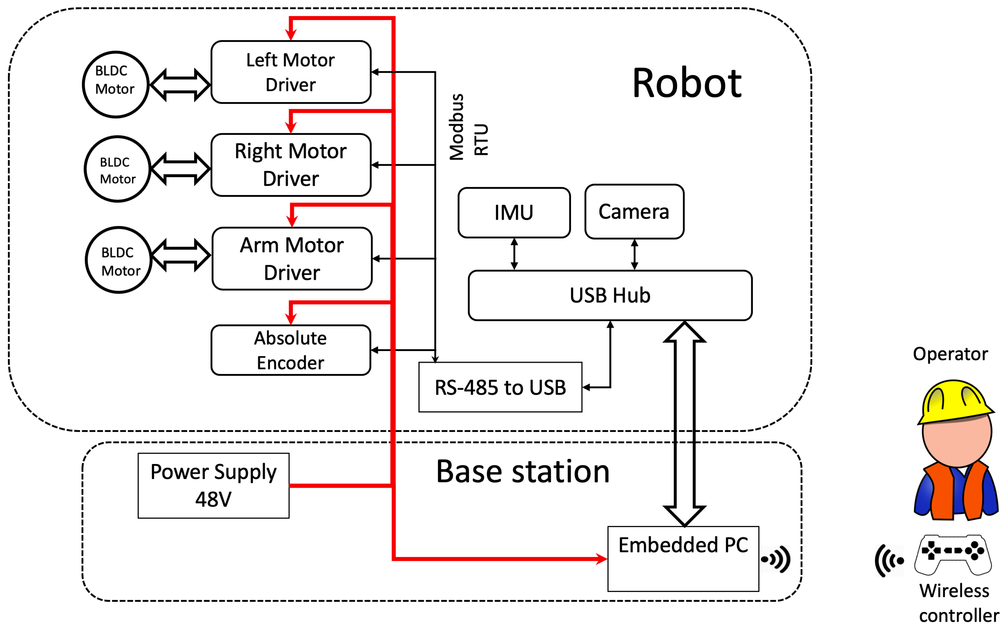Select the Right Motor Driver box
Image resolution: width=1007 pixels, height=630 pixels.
point(290,165)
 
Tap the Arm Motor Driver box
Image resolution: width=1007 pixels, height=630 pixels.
point(292,259)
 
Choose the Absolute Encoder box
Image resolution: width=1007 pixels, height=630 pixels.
point(290,350)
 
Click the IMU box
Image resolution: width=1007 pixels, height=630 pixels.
point(513,213)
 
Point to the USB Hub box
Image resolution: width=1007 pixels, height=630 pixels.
point(610,295)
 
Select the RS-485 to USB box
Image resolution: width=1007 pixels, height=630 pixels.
point(500,387)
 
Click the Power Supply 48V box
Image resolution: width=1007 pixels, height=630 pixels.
point(213,485)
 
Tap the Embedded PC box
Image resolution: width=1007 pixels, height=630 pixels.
point(683,558)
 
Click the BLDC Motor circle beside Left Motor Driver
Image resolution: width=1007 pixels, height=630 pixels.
point(115,84)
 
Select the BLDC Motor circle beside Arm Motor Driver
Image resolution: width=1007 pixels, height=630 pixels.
point(119,260)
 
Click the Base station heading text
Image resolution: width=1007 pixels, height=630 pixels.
point(522,472)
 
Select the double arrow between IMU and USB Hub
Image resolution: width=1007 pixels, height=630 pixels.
point(514,254)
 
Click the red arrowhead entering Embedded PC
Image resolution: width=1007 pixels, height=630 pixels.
point(601,559)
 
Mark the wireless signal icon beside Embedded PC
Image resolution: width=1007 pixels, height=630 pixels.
point(776,559)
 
